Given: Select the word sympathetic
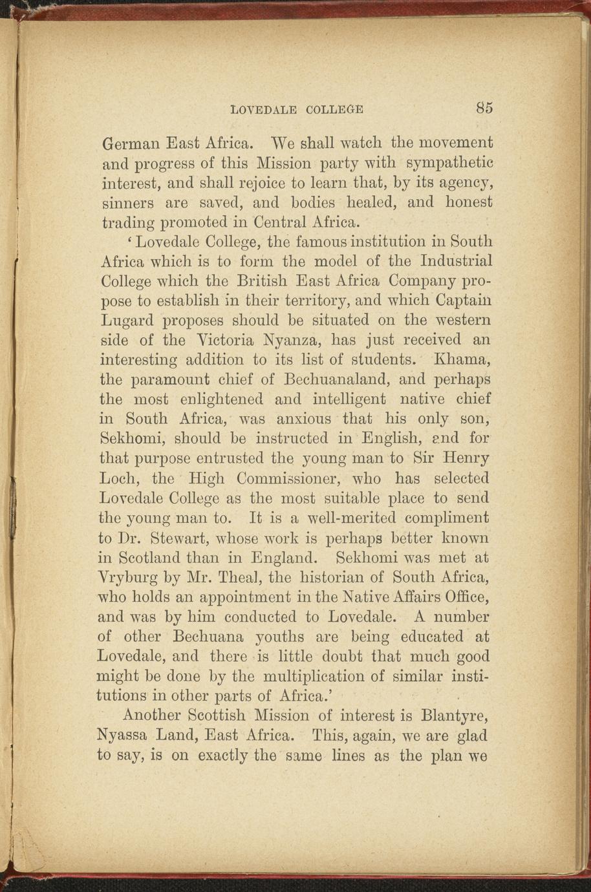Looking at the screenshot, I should point(450,162).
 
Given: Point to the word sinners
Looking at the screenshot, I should point(125,202).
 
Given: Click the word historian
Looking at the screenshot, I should point(350,577).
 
